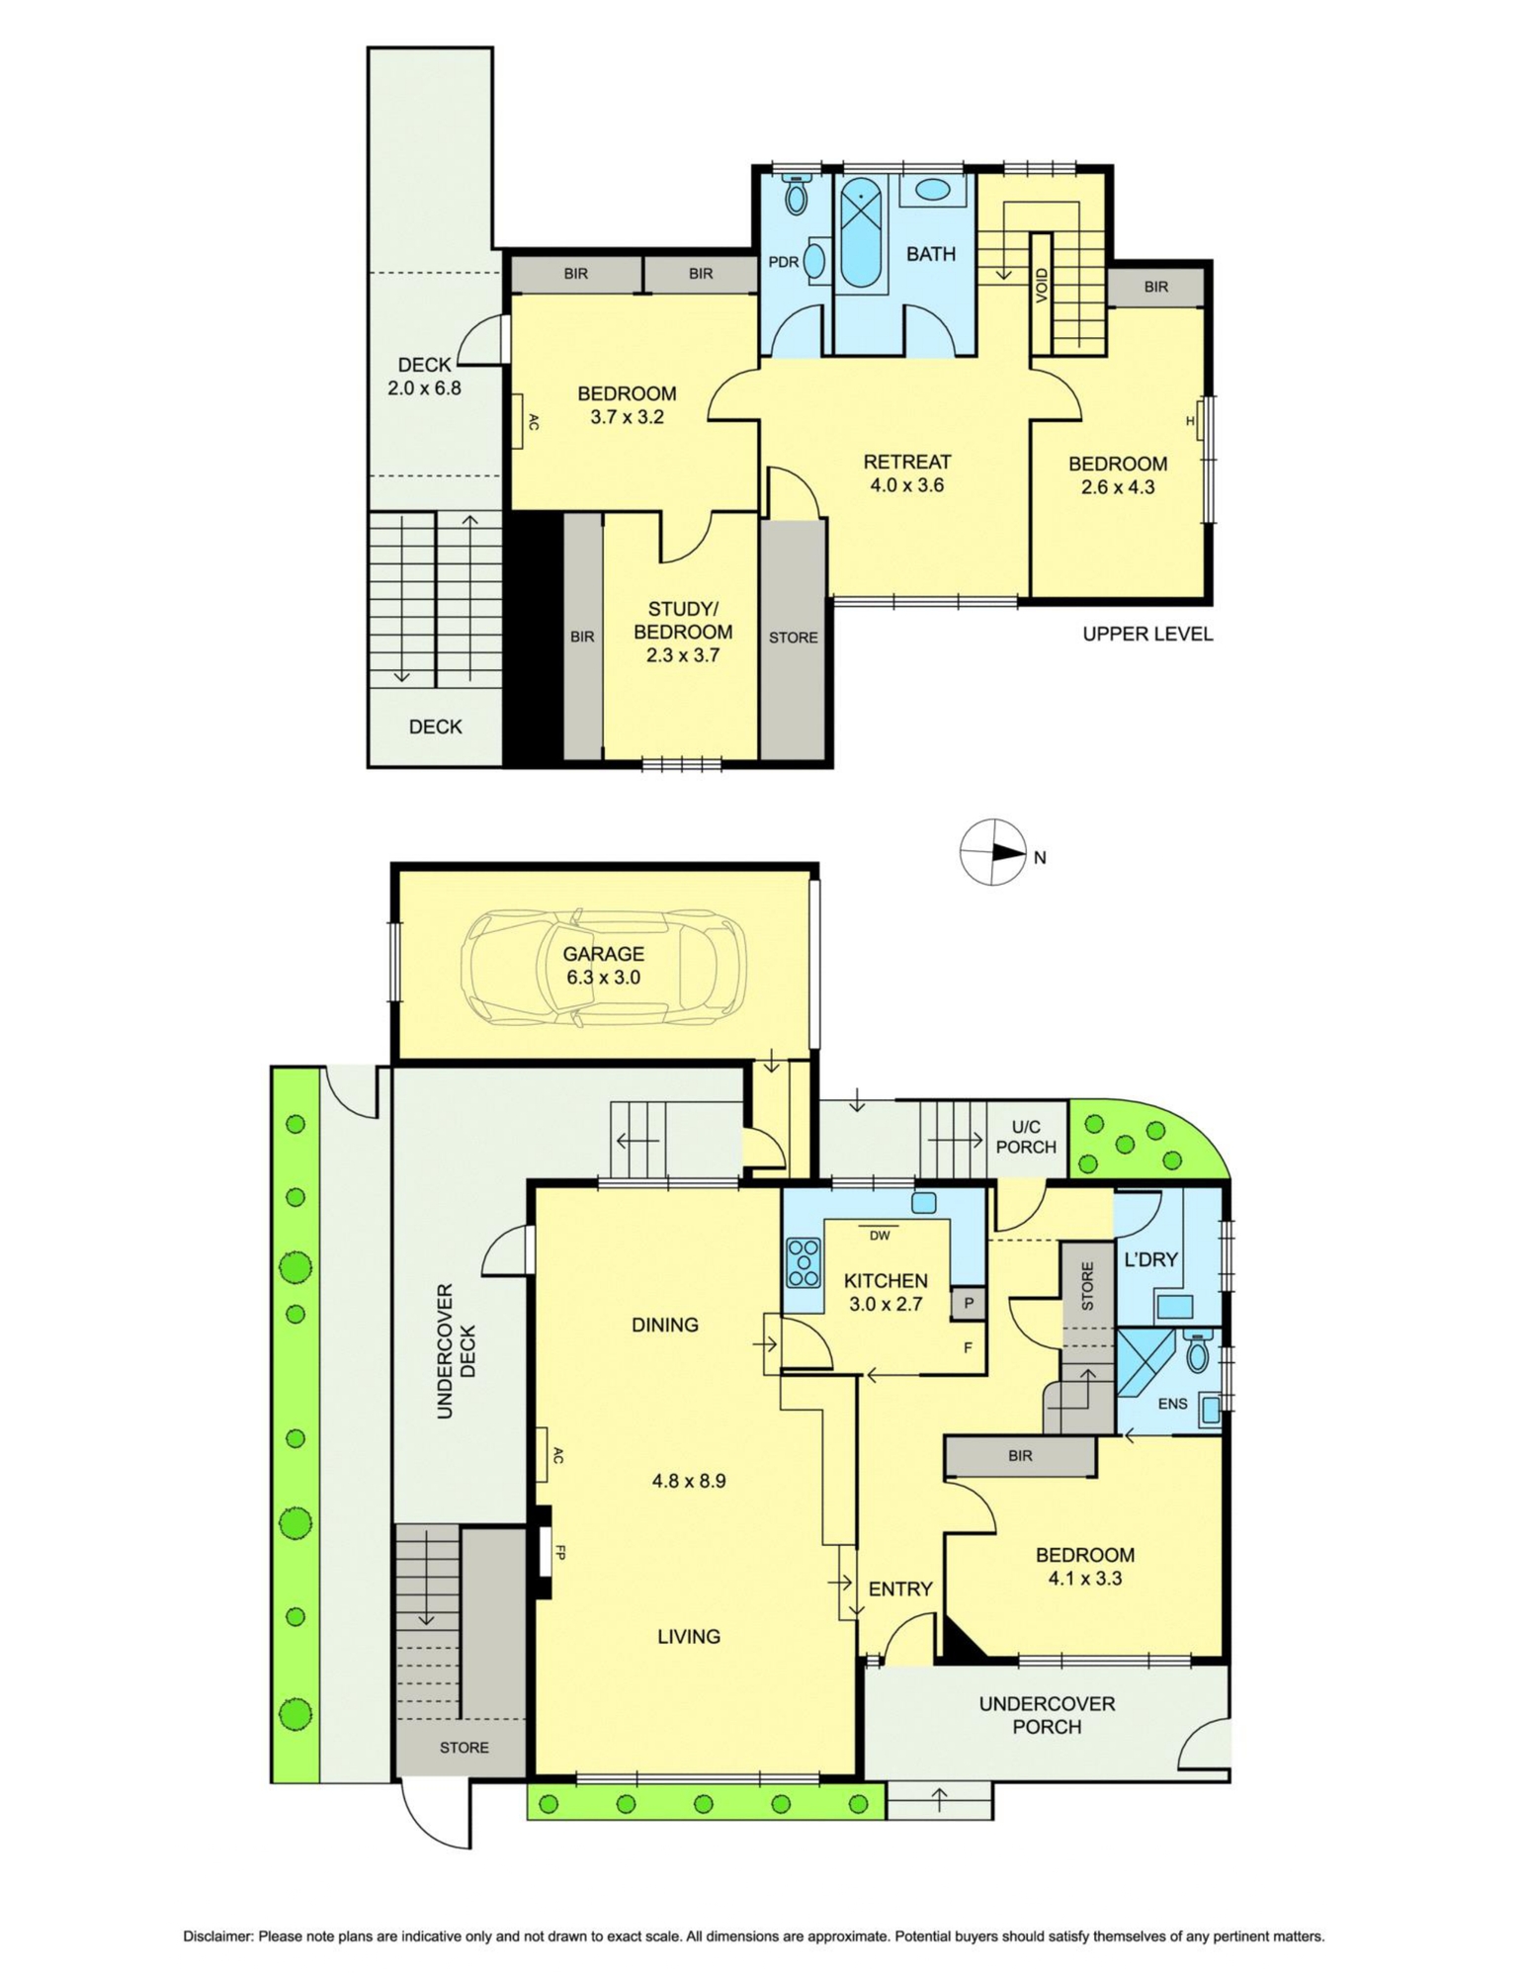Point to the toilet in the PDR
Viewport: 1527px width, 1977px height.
pyautogui.click(x=795, y=195)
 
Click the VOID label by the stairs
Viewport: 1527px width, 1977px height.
pyautogui.click(x=1042, y=288)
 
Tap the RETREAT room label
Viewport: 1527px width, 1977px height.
pyautogui.click(x=906, y=462)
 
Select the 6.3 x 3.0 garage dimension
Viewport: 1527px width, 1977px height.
pyautogui.click(x=604, y=978)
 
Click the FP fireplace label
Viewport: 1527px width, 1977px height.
pyautogui.click(x=559, y=1553)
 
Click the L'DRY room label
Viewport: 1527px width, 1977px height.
pyautogui.click(x=1151, y=1259)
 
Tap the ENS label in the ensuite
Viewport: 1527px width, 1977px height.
pyautogui.click(x=1172, y=1403)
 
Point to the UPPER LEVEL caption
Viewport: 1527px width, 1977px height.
pyautogui.click(x=1147, y=634)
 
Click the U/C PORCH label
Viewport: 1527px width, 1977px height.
pyautogui.click(x=1026, y=1137)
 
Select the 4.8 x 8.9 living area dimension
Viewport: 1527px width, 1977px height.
pyautogui.click(x=689, y=1481)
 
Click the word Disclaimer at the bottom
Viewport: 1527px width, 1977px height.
pyautogui.click(x=218, y=1936)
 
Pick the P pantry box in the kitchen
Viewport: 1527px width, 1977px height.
pyautogui.click(x=969, y=1303)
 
